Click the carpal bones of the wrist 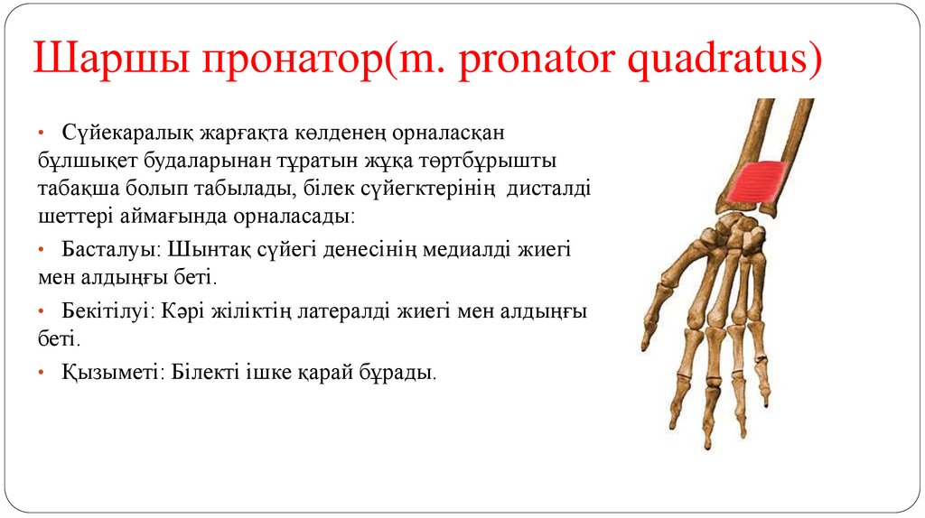click(741, 230)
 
